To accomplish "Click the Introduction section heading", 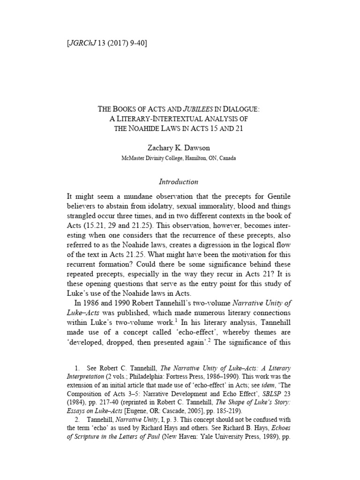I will (180, 181).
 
